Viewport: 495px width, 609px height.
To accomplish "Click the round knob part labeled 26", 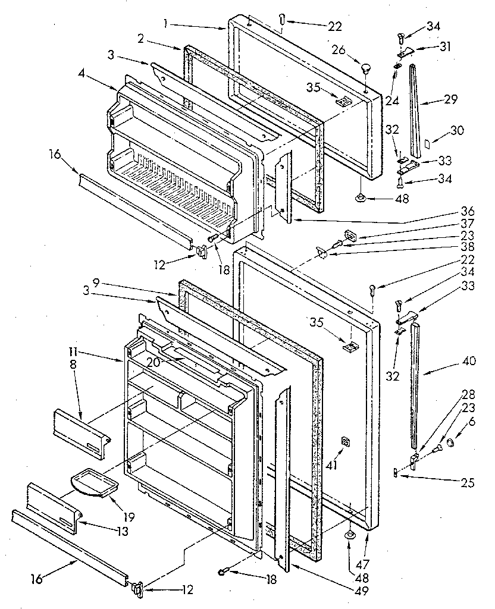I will (364, 66).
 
